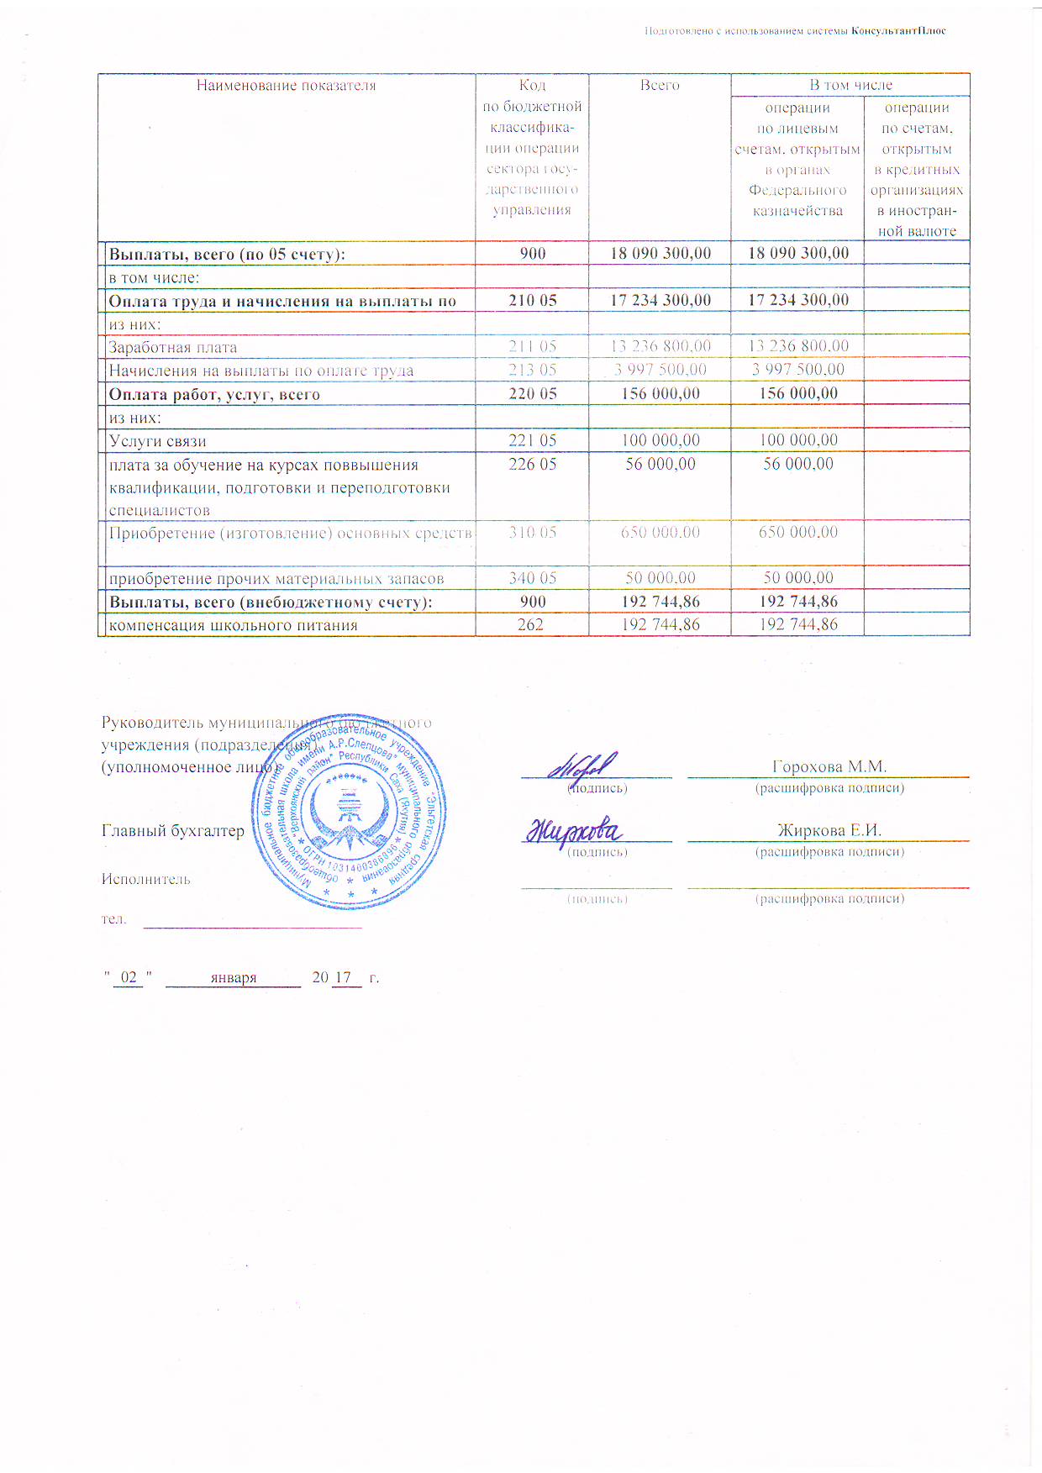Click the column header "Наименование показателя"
[286, 86]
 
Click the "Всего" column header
[660, 86]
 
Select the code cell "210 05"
[532, 300]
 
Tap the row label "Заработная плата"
[173, 347]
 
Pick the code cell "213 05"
[532, 370]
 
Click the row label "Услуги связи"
[158, 441]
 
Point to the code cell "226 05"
[532, 464]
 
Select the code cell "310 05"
[532, 532]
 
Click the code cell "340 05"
[532, 578]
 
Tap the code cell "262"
[530, 624]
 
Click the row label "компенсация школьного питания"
[234, 625]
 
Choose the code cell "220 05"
[532, 393]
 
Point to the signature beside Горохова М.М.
[583, 765]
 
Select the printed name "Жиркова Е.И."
[829, 830]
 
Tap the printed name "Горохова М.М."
[829, 766]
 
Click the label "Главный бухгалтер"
[173, 831]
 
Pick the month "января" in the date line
[234, 977]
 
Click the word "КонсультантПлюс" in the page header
[898, 31]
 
